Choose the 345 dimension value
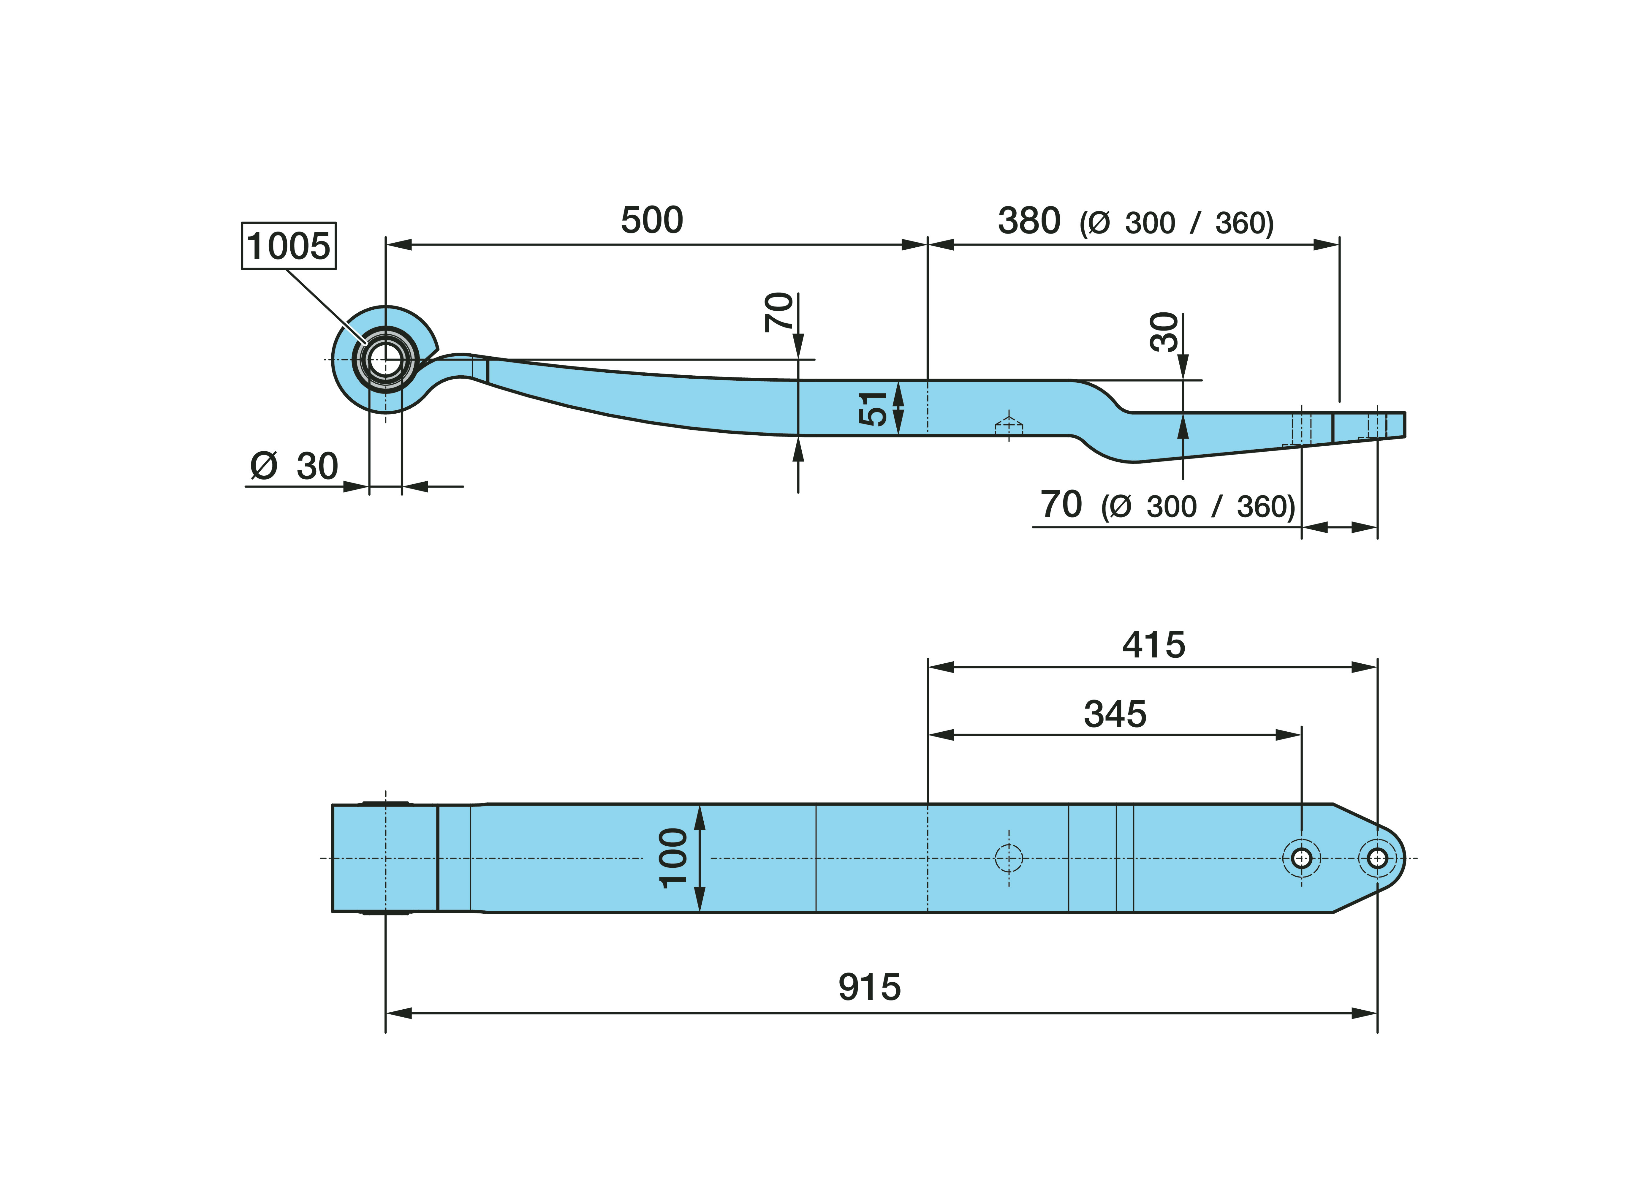1115,714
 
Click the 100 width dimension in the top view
673,858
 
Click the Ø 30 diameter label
294,466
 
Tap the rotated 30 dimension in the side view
1164,332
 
